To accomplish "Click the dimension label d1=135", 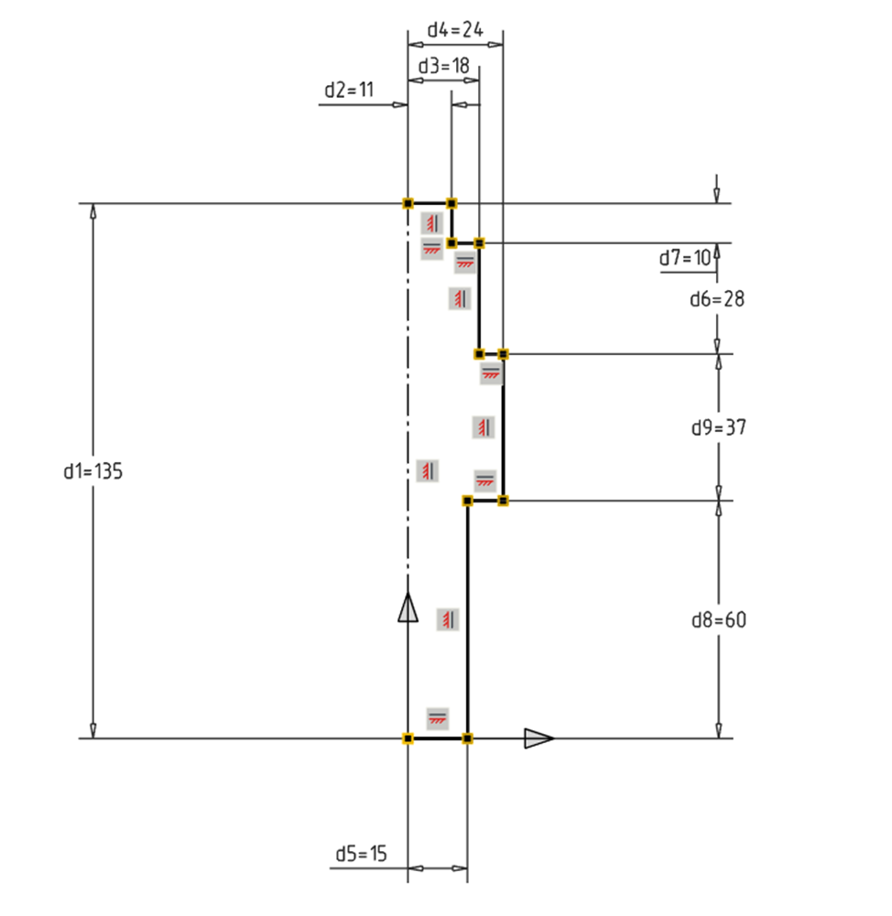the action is point(92,471).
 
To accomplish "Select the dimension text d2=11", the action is point(349,90).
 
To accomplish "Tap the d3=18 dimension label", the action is point(443,66).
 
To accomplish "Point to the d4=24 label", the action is point(455,29).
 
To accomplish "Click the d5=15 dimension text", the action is point(361,854).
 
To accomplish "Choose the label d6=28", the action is point(717,299).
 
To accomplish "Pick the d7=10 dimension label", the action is point(685,258).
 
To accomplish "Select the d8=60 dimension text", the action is point(719,620).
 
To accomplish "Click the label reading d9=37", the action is point(719,427).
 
